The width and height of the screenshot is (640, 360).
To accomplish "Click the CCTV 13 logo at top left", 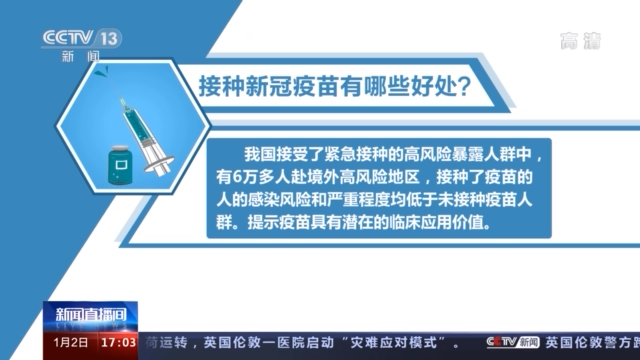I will (80, 40).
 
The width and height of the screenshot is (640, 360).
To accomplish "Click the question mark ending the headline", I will (463, 84).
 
